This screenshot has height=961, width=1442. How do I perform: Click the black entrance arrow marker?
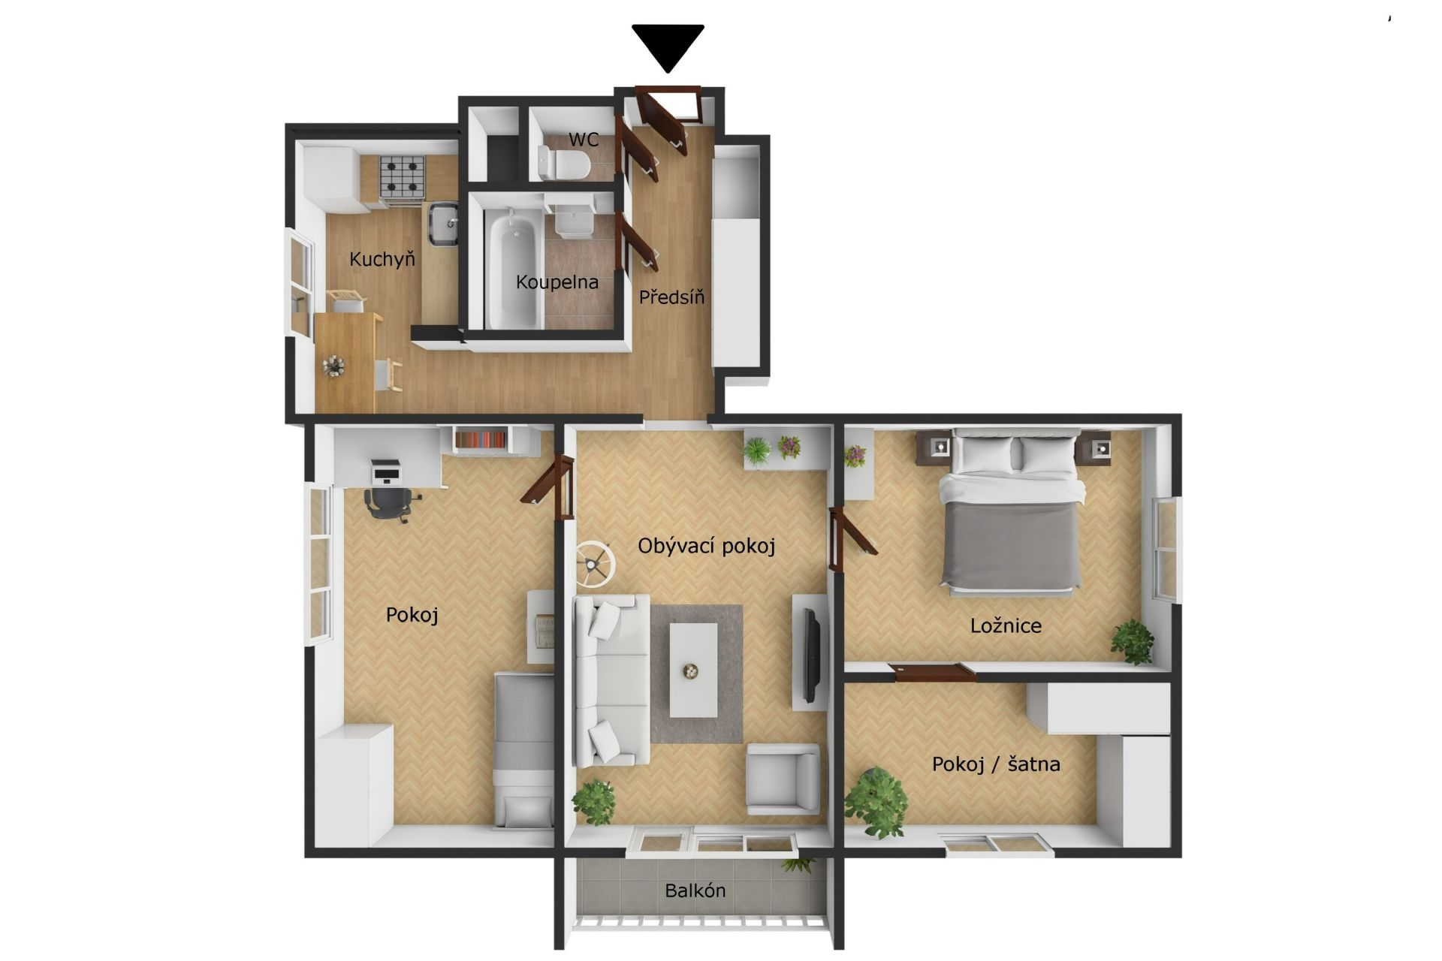(x=668, y=47)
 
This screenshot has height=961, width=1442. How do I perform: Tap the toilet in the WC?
(x=563, y=164)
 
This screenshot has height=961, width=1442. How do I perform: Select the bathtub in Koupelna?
(x=514, y=268)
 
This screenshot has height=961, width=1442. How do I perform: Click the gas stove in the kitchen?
(x=402, y=179)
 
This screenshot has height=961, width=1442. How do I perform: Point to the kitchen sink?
(x=443, y=224)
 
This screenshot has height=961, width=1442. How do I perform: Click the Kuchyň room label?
(x=382, y=260)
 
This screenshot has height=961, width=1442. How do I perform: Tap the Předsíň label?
(x=671, y=297)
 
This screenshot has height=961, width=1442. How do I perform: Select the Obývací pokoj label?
(x=706, y=546)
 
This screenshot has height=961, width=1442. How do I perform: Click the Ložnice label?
(x=1006, y=625)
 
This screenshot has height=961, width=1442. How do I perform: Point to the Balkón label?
(x=695, y=890)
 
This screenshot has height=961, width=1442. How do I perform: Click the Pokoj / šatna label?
(x=996, y=764)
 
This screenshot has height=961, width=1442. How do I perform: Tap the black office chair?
(x=389, y=503)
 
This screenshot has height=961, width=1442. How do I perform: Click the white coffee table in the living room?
(x=693, y=670)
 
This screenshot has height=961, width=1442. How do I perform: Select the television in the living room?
(x=810, y=652)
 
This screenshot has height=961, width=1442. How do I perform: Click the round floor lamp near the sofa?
(x=595, y=563)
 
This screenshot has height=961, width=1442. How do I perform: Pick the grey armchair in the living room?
(x=783, y=779)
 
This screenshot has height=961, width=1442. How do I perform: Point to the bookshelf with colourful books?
(x=481, y=438)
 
